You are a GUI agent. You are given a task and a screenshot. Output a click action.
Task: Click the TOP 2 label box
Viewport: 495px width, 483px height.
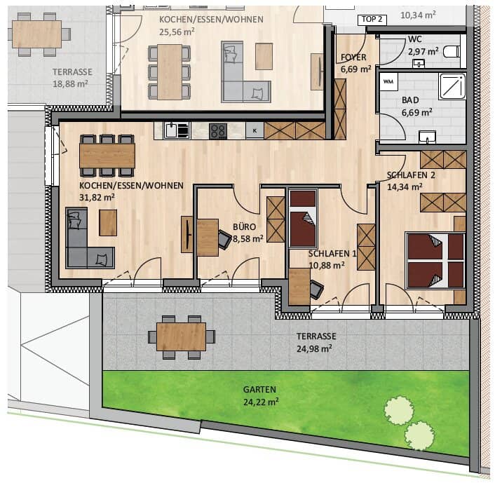372,20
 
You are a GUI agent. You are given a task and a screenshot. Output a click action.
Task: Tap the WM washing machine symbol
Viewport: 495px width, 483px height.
388,82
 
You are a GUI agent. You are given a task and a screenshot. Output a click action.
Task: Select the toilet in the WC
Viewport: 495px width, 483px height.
452,51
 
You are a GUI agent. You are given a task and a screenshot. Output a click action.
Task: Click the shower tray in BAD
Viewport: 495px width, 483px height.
453,86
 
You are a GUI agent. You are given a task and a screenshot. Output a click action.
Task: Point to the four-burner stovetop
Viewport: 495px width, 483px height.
218,131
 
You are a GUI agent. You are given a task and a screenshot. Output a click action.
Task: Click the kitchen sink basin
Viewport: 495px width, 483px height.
171,130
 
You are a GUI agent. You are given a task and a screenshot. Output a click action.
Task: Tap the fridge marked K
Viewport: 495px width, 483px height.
255,130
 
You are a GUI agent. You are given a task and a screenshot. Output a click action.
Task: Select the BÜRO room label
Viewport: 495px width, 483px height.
244,227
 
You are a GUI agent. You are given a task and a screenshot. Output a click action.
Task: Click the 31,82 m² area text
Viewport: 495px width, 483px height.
97,198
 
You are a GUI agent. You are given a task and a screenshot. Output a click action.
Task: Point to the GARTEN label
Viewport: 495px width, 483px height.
259,390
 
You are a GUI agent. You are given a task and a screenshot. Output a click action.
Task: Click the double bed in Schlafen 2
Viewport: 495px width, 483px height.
435,261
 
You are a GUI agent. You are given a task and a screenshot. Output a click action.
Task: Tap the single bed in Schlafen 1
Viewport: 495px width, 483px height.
303,218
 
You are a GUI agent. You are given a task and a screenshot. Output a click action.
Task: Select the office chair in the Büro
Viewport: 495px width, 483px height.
225,240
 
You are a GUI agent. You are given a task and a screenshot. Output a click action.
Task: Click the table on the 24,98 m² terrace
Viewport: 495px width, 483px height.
181,336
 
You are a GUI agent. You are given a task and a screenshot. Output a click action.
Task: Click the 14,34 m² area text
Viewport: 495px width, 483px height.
405,187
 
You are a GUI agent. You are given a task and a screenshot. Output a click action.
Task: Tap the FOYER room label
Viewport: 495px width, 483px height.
353,57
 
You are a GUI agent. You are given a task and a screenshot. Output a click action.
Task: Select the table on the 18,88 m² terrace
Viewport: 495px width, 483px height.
37,34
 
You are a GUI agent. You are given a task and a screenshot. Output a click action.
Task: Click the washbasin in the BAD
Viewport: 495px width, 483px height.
428,137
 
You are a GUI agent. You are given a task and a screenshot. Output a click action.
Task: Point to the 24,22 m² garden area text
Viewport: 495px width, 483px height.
261,402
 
